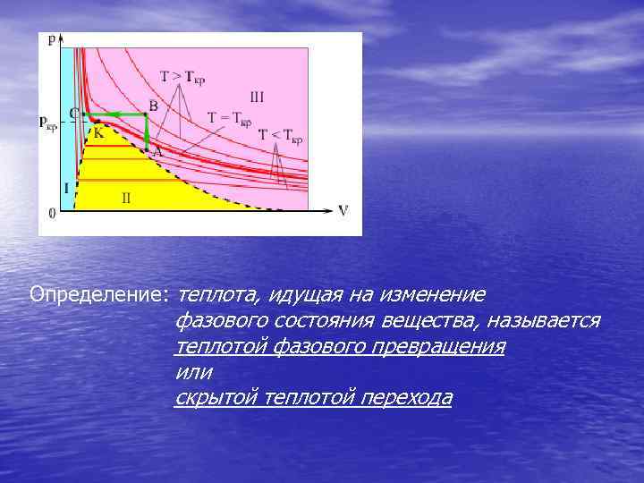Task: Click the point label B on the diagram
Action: tap(153, 106)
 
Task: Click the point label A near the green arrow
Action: tap(157, 152)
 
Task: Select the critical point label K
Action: tap(98, 131)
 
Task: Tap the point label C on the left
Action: tap(74, 114)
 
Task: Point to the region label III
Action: tap(257, 97)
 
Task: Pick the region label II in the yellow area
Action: tap(126, 197)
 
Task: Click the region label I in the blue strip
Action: tap(65, 187)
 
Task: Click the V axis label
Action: tap(343, 211)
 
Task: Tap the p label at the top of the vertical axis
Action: tap(52, 39)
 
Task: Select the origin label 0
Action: tap(52, 213)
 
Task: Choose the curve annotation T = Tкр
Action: tap(230, 117)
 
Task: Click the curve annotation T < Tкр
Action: tap(280, 135)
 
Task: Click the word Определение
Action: tap(99, 294)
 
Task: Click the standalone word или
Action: tap(194, 371)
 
